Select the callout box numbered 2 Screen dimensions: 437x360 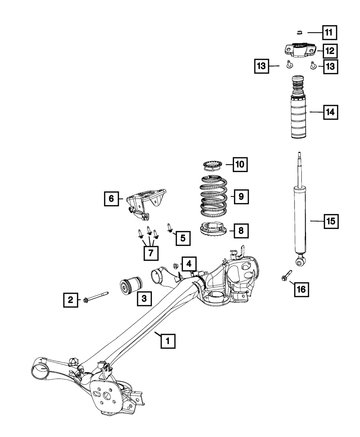tap(71, 299)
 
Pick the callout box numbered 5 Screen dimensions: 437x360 tap(183, 238)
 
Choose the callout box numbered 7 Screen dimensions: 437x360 tap(150, 253)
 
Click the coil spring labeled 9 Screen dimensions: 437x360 tap(213, 195)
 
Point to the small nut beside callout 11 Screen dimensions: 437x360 tap(298, 33)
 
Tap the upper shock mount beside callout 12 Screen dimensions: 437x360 tap(300, 50)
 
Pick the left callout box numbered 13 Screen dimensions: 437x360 tap(262, 66)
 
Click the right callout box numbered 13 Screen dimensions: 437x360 tap(330, 66)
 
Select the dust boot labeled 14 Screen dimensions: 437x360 tap(298, 112)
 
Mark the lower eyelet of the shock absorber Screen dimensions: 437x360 tap(300, 262)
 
